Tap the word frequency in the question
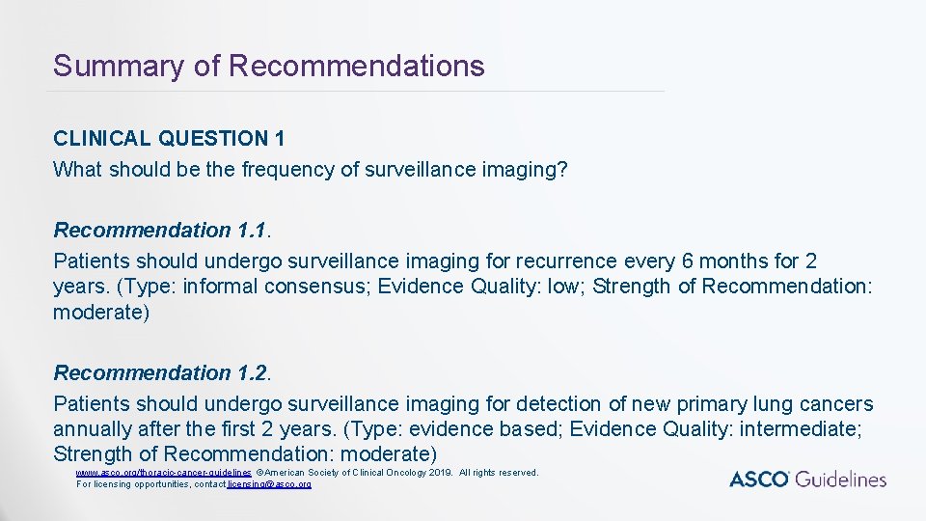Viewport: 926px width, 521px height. pos(286,170)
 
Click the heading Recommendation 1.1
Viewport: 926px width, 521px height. pos(161,231)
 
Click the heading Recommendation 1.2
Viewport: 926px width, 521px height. pos(161,373)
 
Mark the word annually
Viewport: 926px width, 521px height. pos(94,429)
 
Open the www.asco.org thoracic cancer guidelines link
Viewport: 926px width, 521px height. pos(164,473)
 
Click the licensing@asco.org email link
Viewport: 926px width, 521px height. pos(269,483)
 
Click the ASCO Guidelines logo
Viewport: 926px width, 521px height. pos(807,479)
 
